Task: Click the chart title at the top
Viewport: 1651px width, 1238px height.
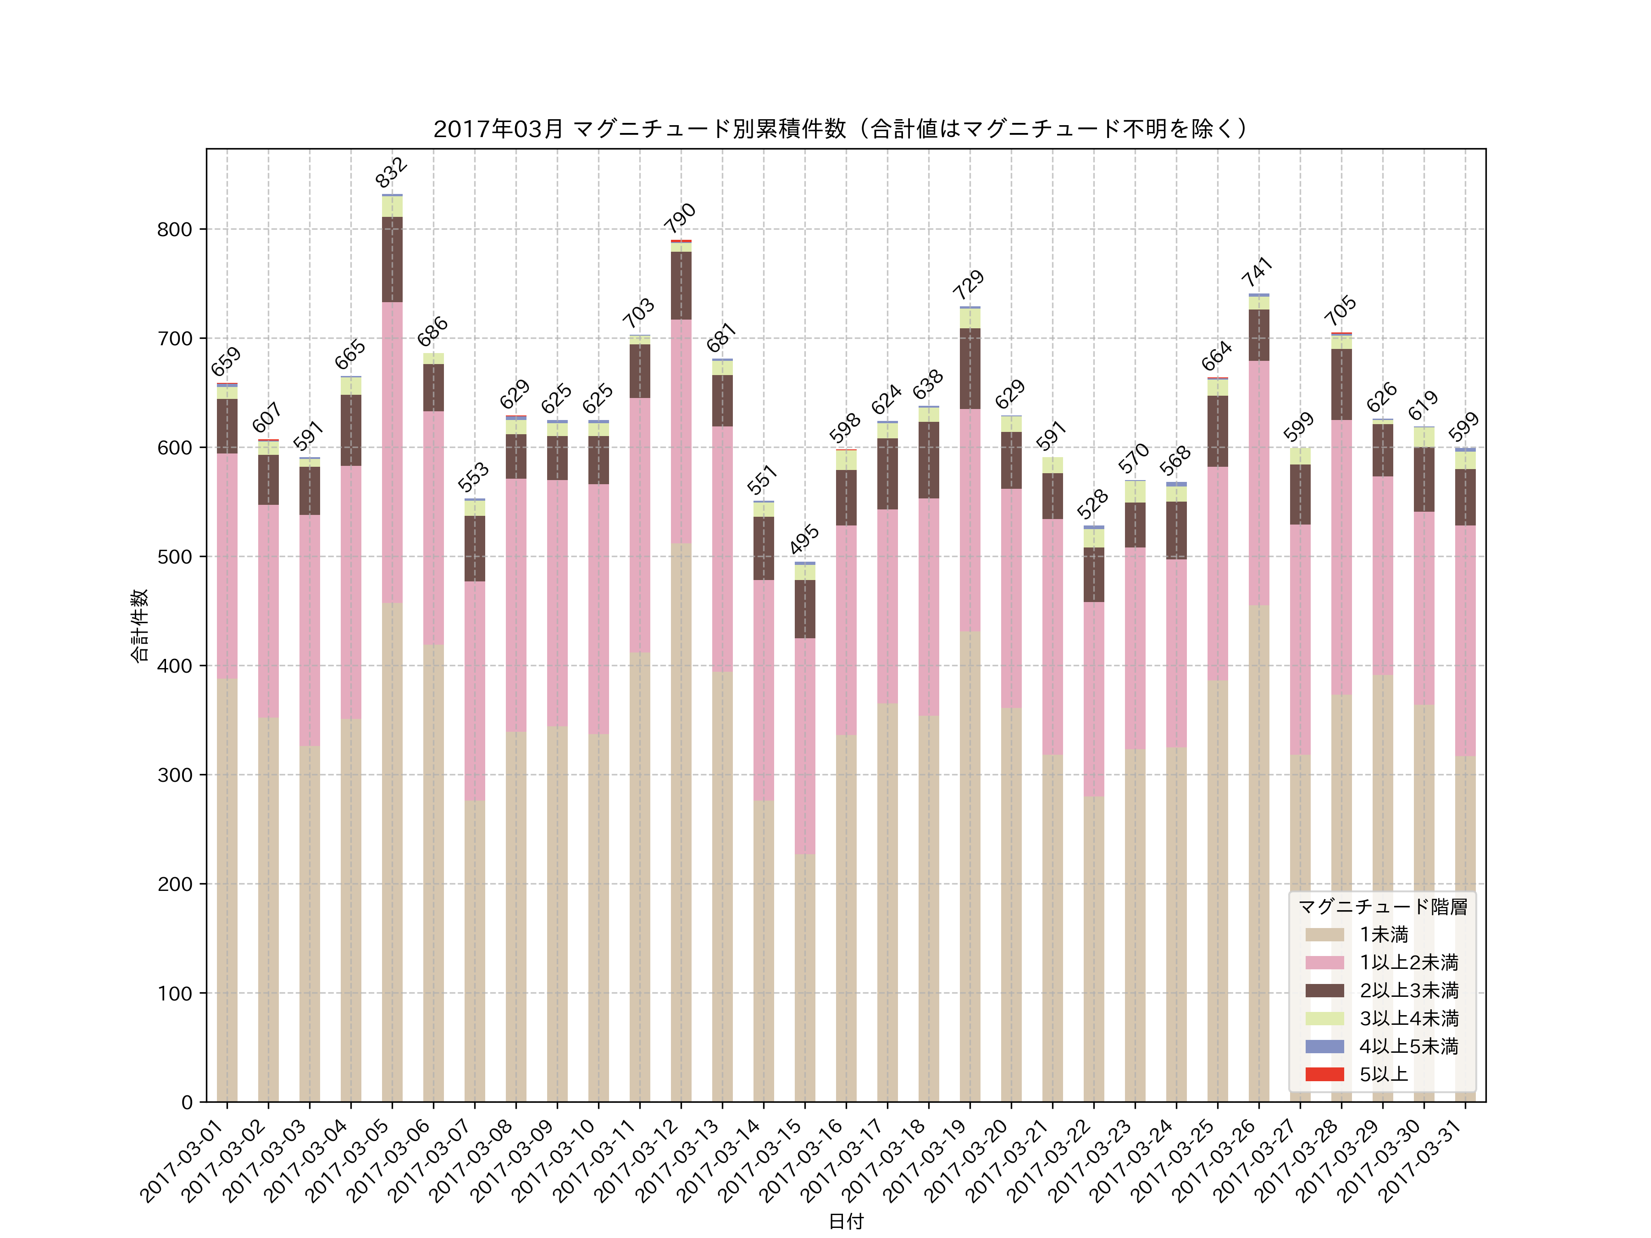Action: point(845,129)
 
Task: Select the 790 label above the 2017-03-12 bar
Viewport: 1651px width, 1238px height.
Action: point(680,218)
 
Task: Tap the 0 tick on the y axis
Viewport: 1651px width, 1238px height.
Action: point(187,1102)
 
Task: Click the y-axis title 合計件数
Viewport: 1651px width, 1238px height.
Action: point(139,625)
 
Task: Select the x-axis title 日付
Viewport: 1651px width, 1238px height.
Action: point(846,1221)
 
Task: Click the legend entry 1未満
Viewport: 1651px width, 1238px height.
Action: point(1383,934)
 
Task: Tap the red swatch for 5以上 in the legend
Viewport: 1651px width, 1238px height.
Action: point(1325,1074)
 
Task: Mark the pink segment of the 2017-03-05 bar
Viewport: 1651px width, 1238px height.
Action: point(392,452)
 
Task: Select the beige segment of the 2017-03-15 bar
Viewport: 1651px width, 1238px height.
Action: point(804,978)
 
